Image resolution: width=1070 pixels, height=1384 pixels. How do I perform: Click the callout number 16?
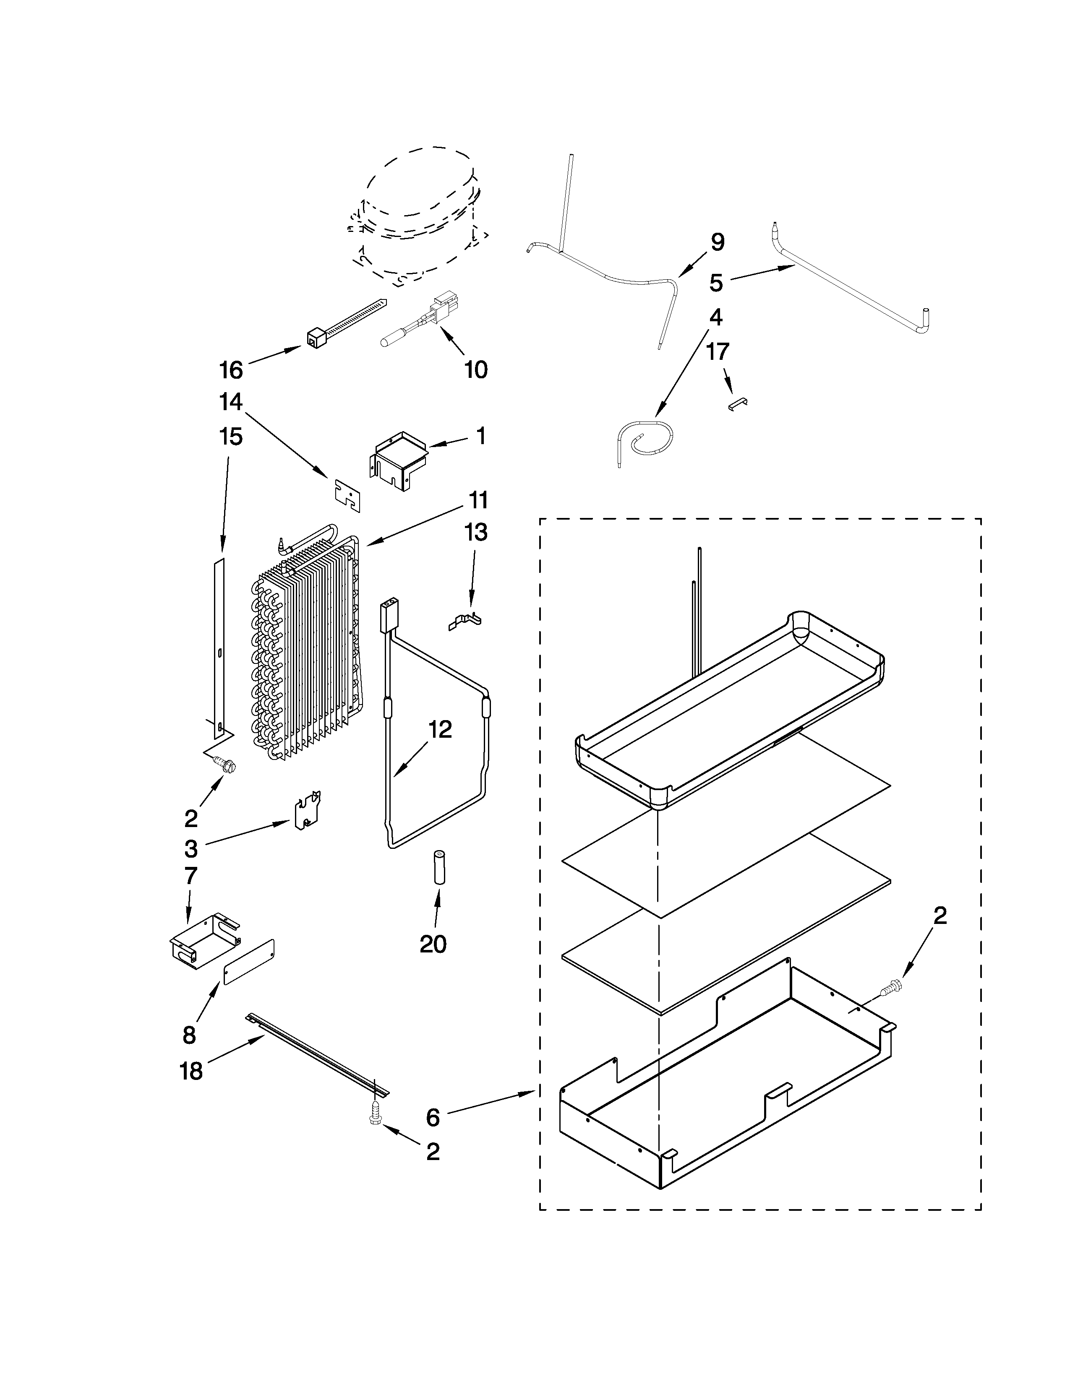pyautogui.click(x=231, y=370)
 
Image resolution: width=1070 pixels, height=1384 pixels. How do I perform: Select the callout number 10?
pyautogui.click(x=475, y=369)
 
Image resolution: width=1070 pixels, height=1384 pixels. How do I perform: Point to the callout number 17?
pyautogui.click(x=718, y=352)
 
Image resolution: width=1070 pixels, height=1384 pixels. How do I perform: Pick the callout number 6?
pyautogui.click(x=433, y=1118)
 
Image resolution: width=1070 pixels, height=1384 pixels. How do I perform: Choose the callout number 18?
pyautogui.click(x=191, y=1071)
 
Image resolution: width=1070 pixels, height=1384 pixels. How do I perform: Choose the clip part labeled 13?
pyautogui.click(x=466, y=621)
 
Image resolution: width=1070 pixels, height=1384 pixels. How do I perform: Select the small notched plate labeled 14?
pyautogui.click(x=347, y=494)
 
